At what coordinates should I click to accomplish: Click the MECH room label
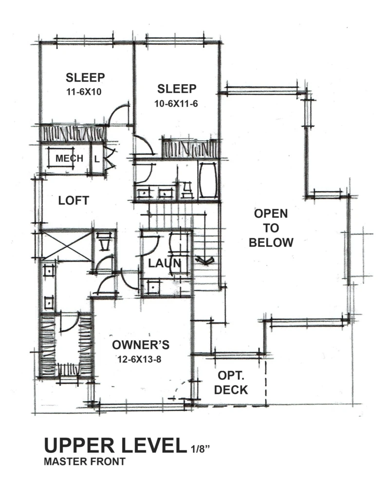[x=70, y=158]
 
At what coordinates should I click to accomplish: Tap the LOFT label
[x=74, y=201]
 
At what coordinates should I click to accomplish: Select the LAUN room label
[x=165, y=263]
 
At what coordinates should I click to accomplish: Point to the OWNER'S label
[x=141, y=345]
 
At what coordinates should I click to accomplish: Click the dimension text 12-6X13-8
[x=139, y=359]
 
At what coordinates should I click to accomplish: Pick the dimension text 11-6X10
[x=84, y=92]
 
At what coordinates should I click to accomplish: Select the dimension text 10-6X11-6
[x=176, y=104]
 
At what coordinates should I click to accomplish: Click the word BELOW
[x=271, y=243]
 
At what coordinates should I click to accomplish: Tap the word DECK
[x=231, y=390]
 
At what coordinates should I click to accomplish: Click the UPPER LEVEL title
[x=115, y=446]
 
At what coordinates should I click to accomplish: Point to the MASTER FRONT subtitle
[x=84, y=462]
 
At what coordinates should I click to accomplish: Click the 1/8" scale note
[x=201, y=449]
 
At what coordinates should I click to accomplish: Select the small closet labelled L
[x=97, y=159]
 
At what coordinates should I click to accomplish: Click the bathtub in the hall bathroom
[x=208, y=181]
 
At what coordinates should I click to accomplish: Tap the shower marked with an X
[x=67, y=245]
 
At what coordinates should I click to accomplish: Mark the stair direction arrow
[x=205, y=261]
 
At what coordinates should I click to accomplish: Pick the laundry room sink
[x=154, y=287]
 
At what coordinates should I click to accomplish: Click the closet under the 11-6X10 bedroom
[x=73, y=134]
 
